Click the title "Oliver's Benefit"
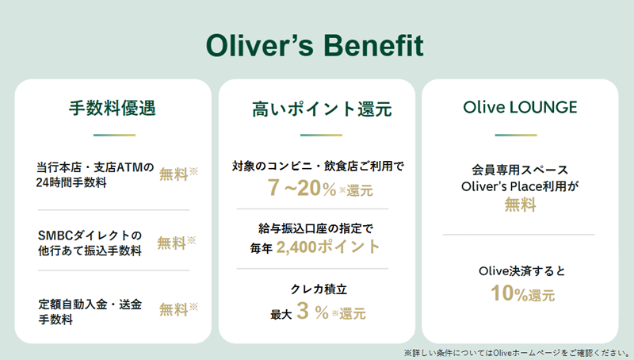[x=315, y=45]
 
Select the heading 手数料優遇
[x=113, y=108]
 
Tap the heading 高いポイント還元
[x=322, y=109]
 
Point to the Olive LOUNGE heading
[x=520, y=107]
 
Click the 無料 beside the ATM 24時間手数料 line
[x=174, y=174]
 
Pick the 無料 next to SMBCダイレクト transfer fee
[x=171, y=243]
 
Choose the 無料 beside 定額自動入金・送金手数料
[x=174, y=309]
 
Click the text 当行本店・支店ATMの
[x=95, y=167]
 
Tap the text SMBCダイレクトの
[x=90, y=235]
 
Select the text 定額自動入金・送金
[x=90, y=304]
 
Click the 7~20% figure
[x=302, y=188]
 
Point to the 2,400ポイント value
[x=328, y=247]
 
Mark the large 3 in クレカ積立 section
[x=303, y=311]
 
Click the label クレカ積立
[x=319, y=289]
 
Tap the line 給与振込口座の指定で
[x=315, y=228]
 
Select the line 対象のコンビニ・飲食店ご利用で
[x=318, y=166]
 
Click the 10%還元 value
[x=522, y=293]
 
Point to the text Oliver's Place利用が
[x=520, y=186]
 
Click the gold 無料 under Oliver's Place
[x=521, y=205]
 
